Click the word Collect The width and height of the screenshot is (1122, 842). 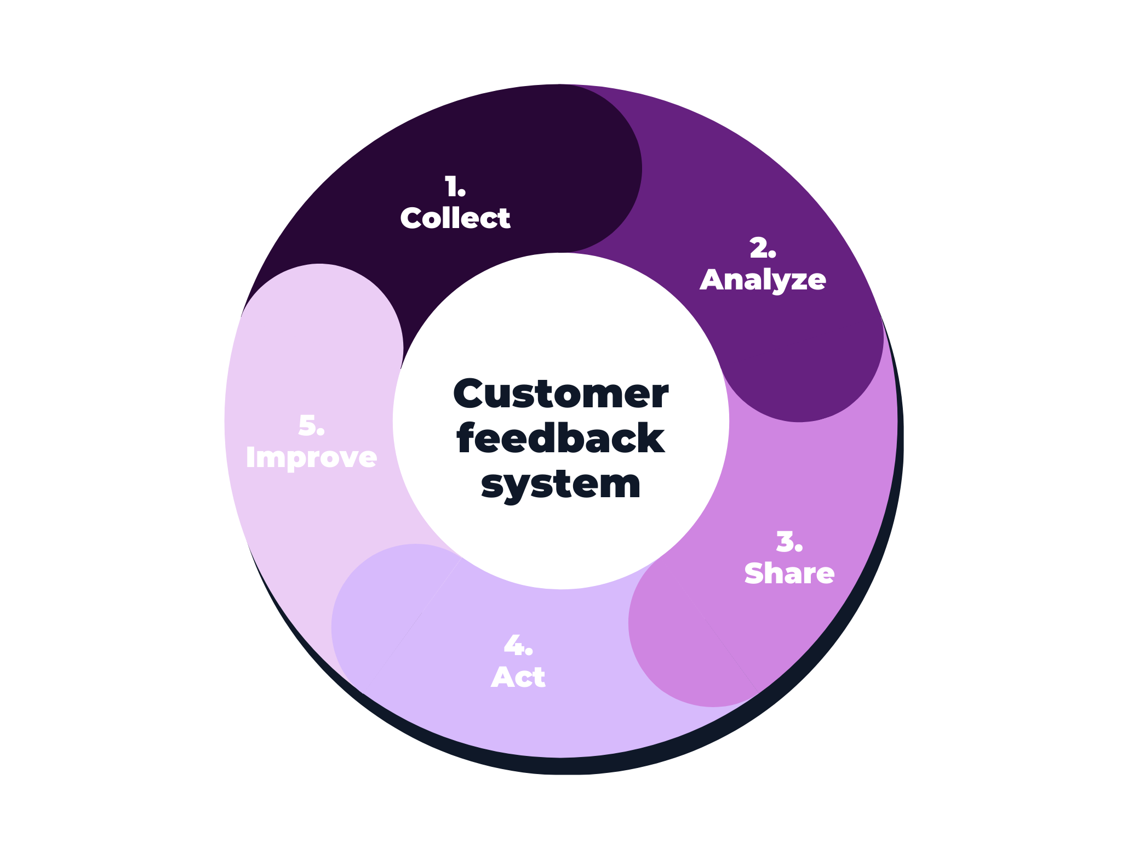(x=455, y=218)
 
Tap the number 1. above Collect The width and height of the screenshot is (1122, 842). (x=455, y=187)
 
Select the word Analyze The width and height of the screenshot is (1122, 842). (x=763, y=280)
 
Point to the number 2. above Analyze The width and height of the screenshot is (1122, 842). (x=763, y=248)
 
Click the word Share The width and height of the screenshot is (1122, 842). (x=789, y=573)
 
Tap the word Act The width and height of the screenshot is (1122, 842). (x=518, y=678)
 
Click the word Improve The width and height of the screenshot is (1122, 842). (x=311, y=458)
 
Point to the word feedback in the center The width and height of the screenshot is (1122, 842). (x=560, y=439)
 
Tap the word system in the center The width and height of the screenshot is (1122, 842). (x=560, y=485)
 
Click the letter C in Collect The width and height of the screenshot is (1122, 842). (x=412, y=218)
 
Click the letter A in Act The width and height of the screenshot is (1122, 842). (x=502, y=678)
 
